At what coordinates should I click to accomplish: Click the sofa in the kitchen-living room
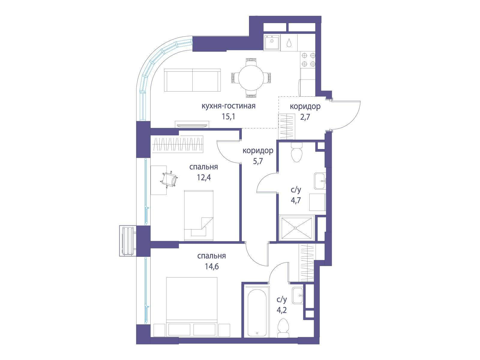coord(192,80)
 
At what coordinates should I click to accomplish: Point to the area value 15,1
coord(228,116)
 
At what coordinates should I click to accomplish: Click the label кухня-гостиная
coord(228,106)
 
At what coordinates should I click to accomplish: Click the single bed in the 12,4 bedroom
coord(199,215)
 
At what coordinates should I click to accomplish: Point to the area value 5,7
coord(258,161)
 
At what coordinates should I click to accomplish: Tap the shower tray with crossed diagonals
coord(295,228)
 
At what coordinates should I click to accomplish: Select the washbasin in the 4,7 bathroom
coord(320,181)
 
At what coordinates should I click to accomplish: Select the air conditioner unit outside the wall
coord(128,241)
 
